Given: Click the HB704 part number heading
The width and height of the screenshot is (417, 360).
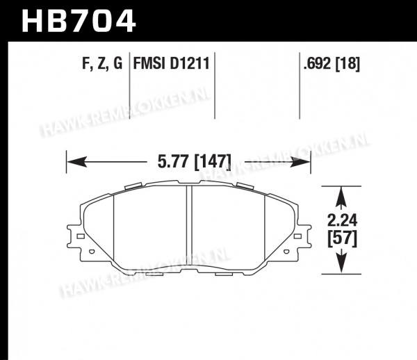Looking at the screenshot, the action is point(79,21).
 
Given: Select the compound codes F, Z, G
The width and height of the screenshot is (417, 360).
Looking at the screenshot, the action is point(102,63).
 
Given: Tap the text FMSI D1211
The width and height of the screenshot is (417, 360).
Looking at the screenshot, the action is point(172,63).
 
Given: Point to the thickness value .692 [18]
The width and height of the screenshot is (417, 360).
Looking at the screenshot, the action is point(332,63).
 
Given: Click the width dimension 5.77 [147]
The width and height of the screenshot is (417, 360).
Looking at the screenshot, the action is point(195,162).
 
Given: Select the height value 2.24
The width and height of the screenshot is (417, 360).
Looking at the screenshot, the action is point(342,220).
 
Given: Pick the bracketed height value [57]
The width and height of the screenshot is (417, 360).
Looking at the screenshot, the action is point(342,238).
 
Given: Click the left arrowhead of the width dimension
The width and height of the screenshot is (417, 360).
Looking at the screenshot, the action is point(76,162).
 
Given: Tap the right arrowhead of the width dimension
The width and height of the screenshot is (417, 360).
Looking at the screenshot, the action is point(300,162).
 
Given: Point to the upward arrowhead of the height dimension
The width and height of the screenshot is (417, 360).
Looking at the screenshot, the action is point(341,197).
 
